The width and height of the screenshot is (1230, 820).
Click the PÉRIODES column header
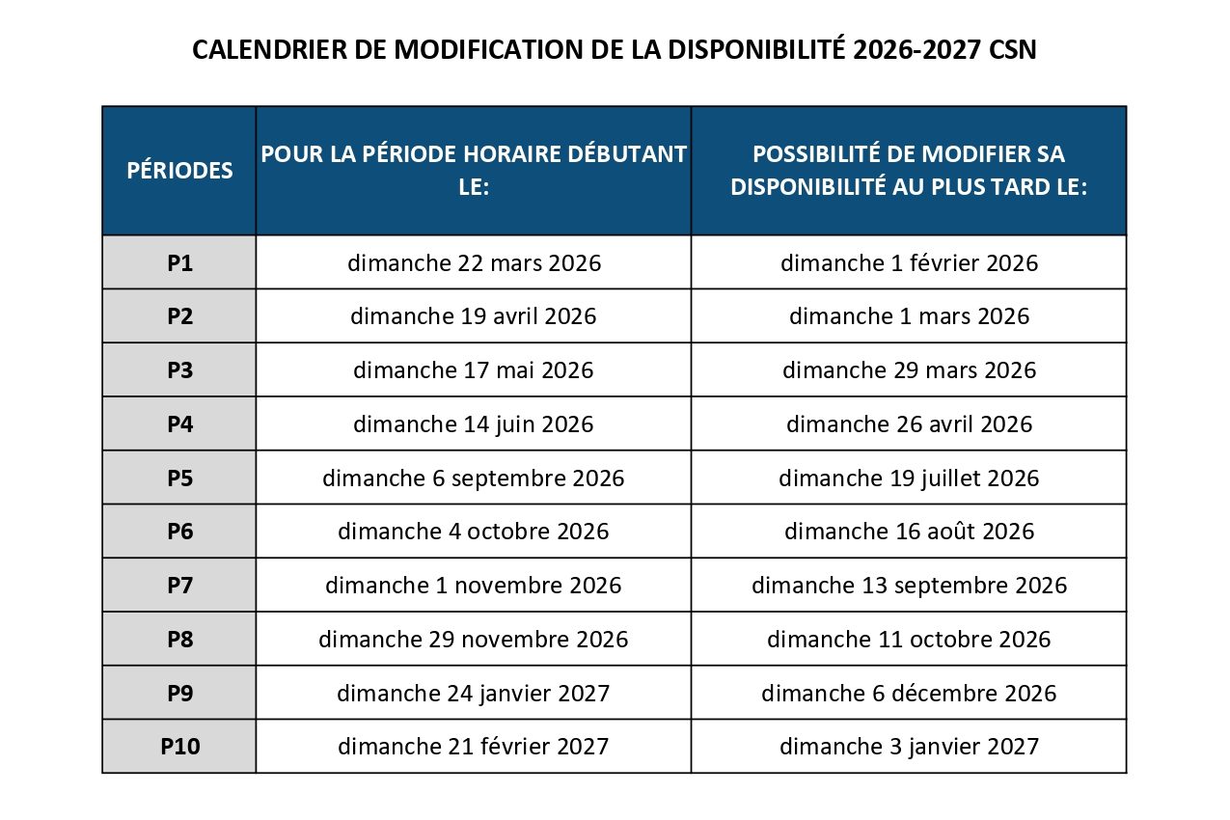pyautogui.click(x=179, y=171)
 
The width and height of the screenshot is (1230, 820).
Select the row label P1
pyautogui.click(x=179, y=262)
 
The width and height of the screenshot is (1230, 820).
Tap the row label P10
pyautogui.click(x=179, y=746)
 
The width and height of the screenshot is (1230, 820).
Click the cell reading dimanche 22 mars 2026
pyautogui.click(x=474, y=262)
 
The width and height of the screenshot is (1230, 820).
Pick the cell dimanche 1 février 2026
pyautogui.click(x=909, y=262)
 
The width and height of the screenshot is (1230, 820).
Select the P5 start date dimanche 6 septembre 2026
pyautogui.click(x=474, y=478)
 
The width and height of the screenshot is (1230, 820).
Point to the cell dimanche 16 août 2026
pyautogui.click(x=909, y=532)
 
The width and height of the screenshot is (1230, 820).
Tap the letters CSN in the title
pyautogui.click(x=1013, y=50)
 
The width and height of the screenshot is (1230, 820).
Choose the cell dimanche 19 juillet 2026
pyautogui.click(x=909, y=478)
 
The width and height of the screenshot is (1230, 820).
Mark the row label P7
pyautogui.click(x=179, y=585)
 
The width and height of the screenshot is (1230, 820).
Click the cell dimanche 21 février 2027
pyautogui.click(x=474, y=746)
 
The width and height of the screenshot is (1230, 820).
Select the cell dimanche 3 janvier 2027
pyautogui.click(x=909, y=746)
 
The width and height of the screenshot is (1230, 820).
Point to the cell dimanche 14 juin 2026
pyautogui.click(x=474, y=424)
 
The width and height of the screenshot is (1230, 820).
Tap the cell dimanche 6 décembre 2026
pyautogui.click(x=909, y=693)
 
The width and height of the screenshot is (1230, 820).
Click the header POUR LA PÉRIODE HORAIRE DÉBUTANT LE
pyautogui.click(x=474, y=170)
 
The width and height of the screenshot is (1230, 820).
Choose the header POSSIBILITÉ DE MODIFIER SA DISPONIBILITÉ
pyautogui.click(x=909, y=170)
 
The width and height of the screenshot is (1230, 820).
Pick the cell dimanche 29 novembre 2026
pyautogui.click(x=474, y=639)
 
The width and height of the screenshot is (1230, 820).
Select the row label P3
pyautogui.click(x=179, y=369)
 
